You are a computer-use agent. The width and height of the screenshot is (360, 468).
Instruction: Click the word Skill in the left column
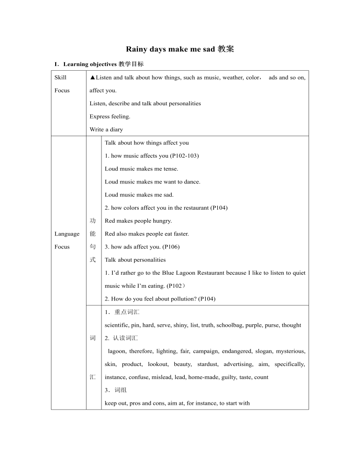(60, 78)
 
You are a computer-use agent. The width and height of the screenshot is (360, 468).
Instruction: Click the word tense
(171, 169)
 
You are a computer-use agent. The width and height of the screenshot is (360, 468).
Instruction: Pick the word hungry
(163, 221)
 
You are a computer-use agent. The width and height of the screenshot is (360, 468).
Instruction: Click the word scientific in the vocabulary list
(117, 325)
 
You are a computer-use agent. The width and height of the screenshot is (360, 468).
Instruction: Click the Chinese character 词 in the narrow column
(93, 338)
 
